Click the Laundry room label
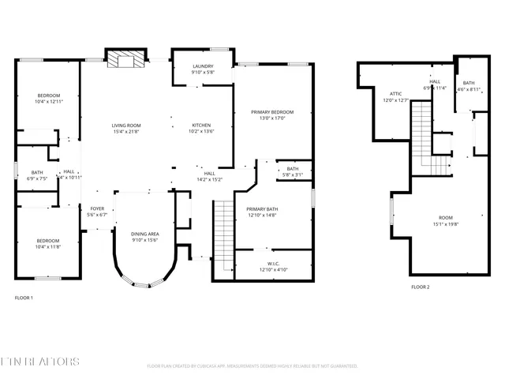pyautogui.click(x=202, y=69)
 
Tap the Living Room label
pyautogui.click(x=125, y=128)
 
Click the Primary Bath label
pyautogui.click(x=261, y=212)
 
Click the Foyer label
pyautogui.click(x=96, y=212)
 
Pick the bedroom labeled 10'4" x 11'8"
pyautogui.click(x=48, y=243)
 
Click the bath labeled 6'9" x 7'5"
pyautogui.click(x=37, y=175)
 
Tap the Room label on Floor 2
pyautogui.click(x=446, y=220)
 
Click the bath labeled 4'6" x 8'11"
pyautogui.click(x=469, y=86)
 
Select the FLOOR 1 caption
pyautogui.click(x=24, y=298)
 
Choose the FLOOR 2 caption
pyautogui.click(x=420, y=287)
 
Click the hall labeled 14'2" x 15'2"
pyautogui.click(x=210, y=176)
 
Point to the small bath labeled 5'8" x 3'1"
pyautogui.click(x=293, y=171)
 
